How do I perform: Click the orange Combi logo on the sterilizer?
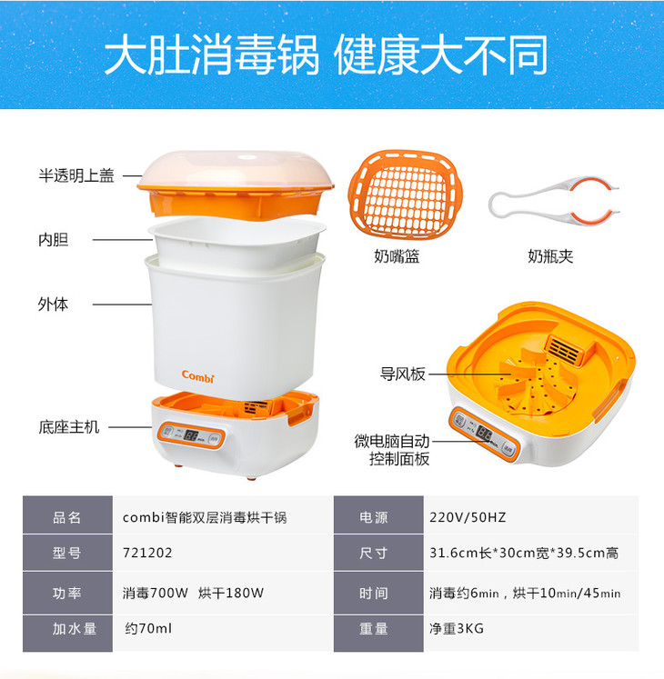pos(197,376)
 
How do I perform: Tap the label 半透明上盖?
pos(76,175)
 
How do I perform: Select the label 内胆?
pos(54,239)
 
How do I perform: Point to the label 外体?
pos(53,304)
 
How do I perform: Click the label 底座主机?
pos(69,427)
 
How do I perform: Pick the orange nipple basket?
pos(405,195)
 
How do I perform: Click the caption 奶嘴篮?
pos(397,256)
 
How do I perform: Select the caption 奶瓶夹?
pos(550,256)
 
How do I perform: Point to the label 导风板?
pos(403,374)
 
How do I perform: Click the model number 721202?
pos(147,553)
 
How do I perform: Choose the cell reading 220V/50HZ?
pos(468,517)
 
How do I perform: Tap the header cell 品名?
pos(67,517)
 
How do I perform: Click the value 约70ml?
pos(148,628)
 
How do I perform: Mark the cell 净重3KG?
pos(457,628)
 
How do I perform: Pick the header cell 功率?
pos(67,593)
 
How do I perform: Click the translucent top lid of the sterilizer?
pos(236,170)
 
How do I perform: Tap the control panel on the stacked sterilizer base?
pos(191,435)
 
